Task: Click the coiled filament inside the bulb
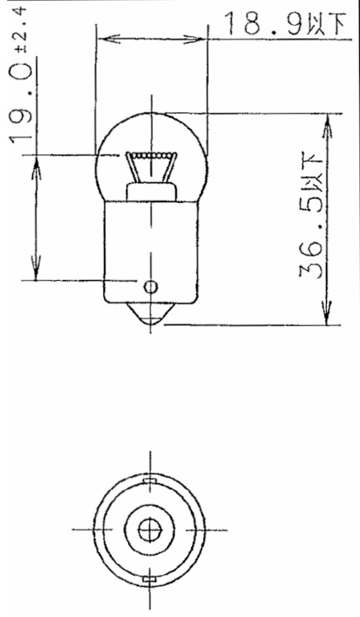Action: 151,156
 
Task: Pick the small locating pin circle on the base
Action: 151,287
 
